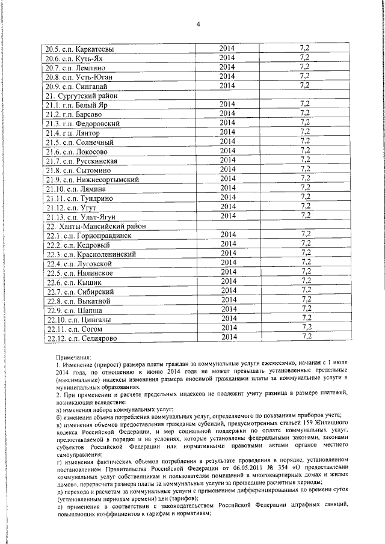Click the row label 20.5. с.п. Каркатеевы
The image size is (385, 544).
(x=79, y=49)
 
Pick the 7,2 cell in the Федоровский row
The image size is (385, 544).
(x=305, y=123)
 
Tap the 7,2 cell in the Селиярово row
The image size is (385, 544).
(x=305, y=337)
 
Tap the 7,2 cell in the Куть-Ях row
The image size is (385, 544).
(x=305, y=57)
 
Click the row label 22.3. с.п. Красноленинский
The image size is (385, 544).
(x=91, y=254)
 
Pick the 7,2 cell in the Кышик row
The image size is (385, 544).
(x=305, y=281)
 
